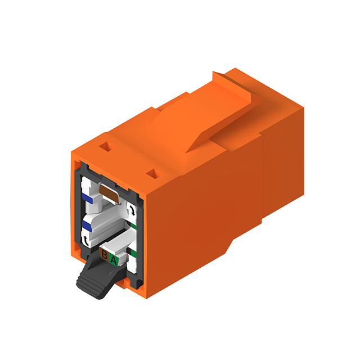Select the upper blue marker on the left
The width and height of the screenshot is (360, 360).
[x=87, y=199]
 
